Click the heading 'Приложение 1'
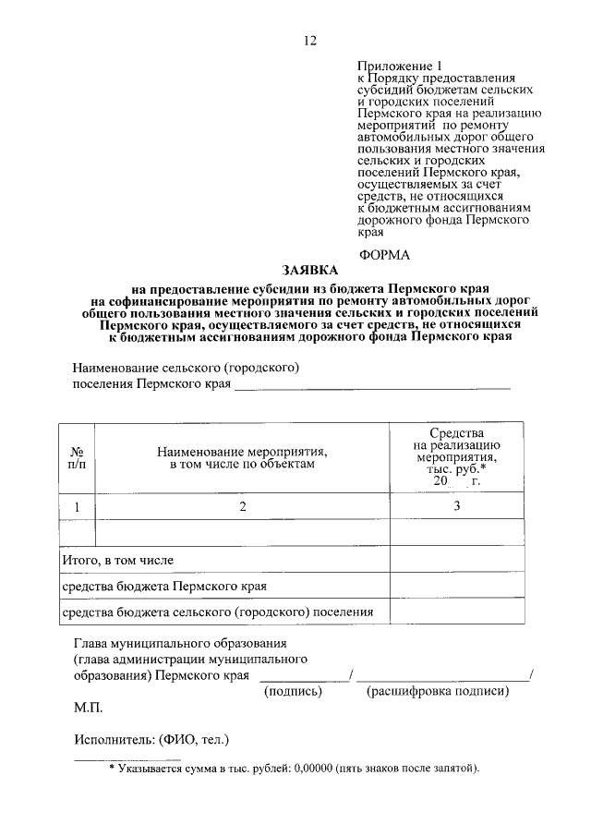point(400,67)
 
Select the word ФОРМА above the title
point(384,254)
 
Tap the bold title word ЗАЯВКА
point(308,270)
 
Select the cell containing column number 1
point(77,506)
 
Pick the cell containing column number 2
point(242,506)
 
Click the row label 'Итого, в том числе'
point(117,560)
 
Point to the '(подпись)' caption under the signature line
point(293,691)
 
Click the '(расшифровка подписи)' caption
point(438,691)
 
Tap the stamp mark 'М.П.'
point(89,709)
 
